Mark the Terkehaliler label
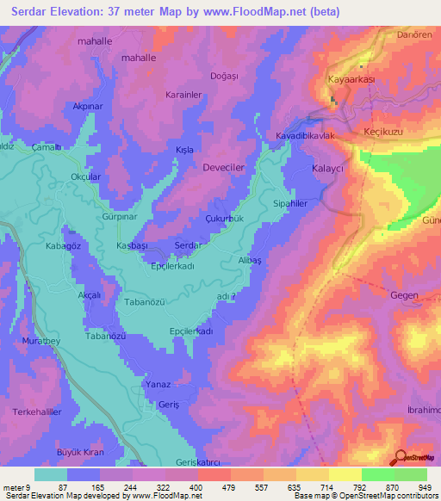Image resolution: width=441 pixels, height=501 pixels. [38, 412]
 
